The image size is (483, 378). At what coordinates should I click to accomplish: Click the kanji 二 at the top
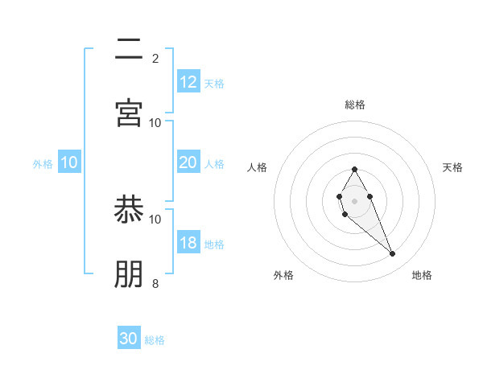129,51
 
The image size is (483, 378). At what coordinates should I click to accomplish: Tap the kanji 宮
129,113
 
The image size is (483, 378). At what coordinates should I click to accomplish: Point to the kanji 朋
129,273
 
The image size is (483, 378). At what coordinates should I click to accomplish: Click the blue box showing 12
188,82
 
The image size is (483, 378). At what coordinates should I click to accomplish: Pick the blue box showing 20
188,162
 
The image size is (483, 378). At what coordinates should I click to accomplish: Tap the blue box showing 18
188,243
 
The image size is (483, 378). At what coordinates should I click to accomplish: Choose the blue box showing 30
129,339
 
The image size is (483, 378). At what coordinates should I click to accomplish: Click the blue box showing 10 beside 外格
69,162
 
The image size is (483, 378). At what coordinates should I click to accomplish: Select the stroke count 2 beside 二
155,59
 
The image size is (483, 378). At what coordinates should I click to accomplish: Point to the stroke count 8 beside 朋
155,283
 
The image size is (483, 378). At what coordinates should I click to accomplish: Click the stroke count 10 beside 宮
155,123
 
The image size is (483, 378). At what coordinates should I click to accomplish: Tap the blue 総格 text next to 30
155,340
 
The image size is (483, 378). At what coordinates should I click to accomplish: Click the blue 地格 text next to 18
214,244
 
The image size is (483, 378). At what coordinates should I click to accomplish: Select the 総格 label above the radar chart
355,105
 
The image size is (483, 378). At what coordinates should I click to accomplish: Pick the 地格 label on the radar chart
422,275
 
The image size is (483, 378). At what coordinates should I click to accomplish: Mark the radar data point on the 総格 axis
354,169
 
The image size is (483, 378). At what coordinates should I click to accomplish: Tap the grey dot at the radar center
354,199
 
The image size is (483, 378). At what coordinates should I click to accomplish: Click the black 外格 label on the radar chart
283,275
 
